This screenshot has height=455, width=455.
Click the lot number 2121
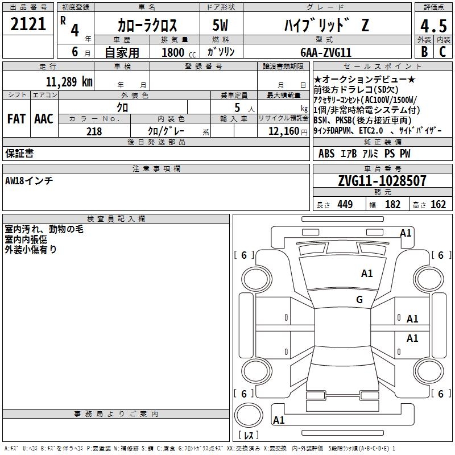[28, 24]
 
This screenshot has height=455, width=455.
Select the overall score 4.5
[433, 26]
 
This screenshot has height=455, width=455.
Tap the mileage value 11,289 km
[69, 81]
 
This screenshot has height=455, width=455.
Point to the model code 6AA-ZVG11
[326, 52]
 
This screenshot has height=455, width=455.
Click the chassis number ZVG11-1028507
[382, 181]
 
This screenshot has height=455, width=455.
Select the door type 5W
[220, 25]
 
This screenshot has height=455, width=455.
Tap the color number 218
[94, 131]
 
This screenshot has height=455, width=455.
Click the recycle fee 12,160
[284, 131]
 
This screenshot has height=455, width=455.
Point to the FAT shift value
[16, 119]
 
